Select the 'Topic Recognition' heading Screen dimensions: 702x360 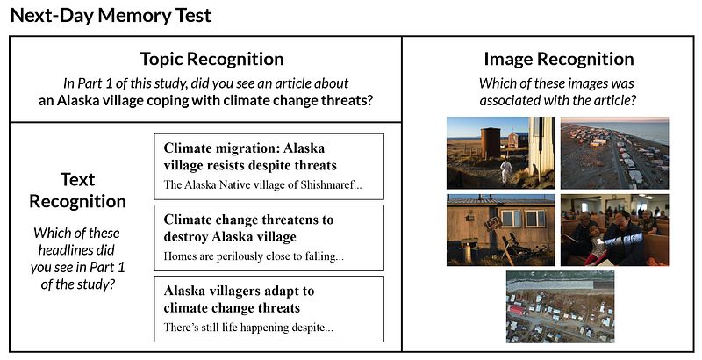coord(211,59)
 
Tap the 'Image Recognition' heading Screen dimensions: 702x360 coord(559,59)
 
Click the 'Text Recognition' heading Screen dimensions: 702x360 coord(77,191)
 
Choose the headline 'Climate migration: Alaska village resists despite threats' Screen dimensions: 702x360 coord(250,156)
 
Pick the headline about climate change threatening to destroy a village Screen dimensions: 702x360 coord(248,228)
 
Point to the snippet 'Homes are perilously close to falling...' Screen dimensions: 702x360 coord(254,256)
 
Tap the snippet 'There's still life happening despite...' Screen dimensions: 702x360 coord(248,328)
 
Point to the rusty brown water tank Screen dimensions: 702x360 coord(491,142)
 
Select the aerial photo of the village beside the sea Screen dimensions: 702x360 coord(615,153)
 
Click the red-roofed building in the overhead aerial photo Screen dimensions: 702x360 coord(516,310)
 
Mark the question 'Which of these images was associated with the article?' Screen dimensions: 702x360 coord(557,92)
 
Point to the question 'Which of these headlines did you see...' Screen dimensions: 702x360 coord(77,258)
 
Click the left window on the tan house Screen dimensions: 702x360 coord(512,219)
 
